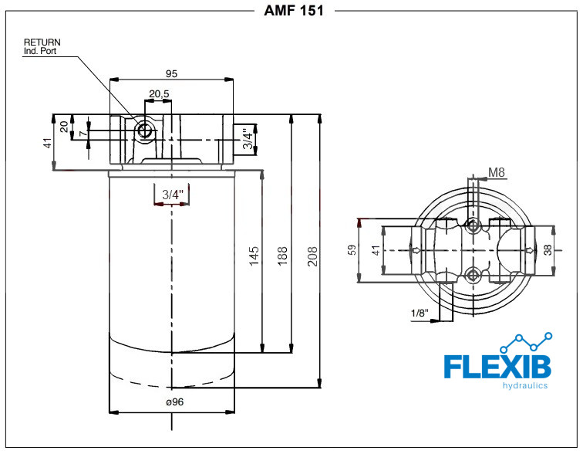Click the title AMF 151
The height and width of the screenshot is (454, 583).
click(x=293, y=10)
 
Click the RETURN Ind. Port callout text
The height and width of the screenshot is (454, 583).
click(x=42, y=46)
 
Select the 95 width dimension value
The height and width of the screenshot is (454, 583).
click(x=171, y=73)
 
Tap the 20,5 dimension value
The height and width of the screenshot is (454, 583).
click(x=159, y=93)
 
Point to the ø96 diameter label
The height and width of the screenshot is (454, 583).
click(x=175, y=402)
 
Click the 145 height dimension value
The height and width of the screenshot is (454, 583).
click(x=254, y=256)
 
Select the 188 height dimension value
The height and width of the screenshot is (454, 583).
click(x=282, y=256)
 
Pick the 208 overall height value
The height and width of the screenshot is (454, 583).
click(x=312, y=256)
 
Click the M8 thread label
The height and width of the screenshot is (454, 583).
click(x=497, y=172)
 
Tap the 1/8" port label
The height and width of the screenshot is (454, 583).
click(x=420, y=313)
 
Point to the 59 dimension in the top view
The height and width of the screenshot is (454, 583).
click(x=352, y=249)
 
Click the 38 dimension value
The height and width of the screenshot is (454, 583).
click(x=548, y=250)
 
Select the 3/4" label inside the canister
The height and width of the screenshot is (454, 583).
click(x=173, y=195)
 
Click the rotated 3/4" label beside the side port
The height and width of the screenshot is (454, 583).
click(x=248, y=139)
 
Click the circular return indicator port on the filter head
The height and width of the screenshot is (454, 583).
click(x=143, y=130)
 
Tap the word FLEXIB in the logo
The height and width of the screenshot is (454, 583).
click(x=497, y=367)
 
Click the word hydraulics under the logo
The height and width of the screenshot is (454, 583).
click(x=525, y=385)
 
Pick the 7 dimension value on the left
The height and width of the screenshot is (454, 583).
click(x=83, y=133)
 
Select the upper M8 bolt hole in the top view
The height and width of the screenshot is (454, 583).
click(x=473, y=225)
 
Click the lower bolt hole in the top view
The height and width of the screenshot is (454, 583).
click(x=473, y=276)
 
